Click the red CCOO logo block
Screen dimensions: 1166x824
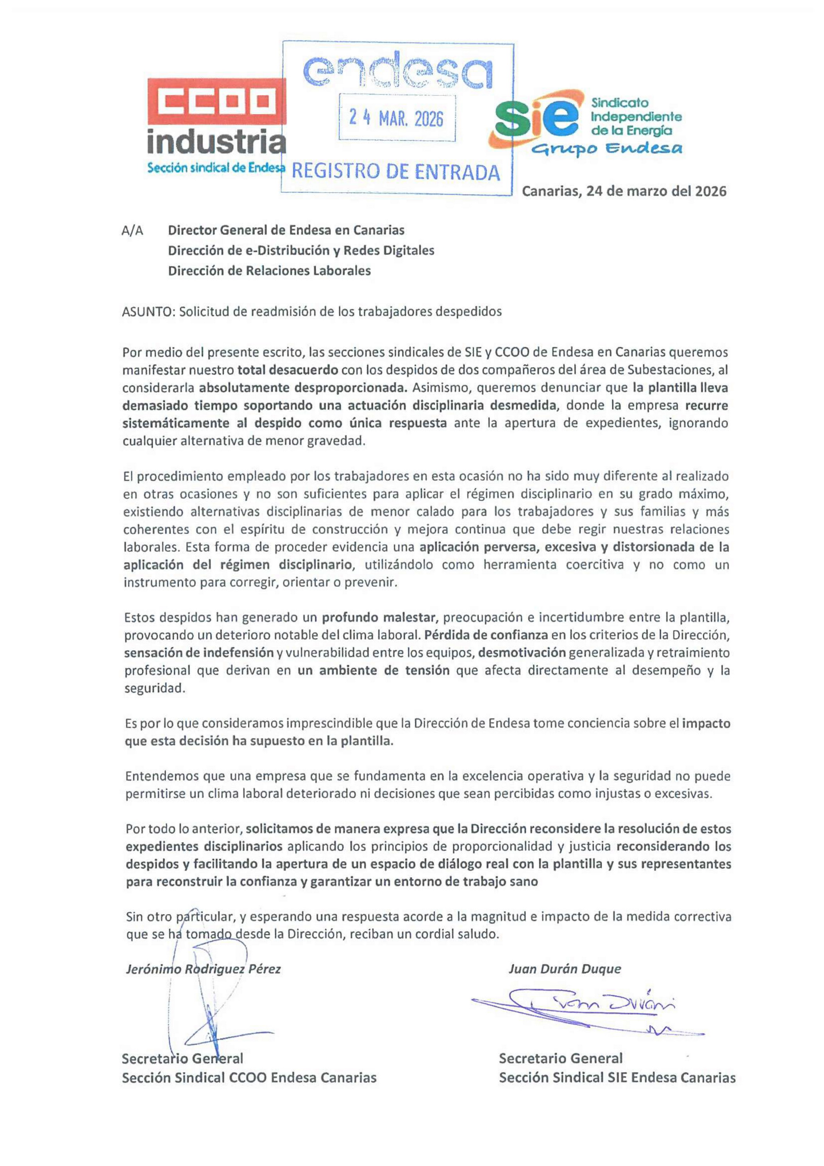coord(217,101)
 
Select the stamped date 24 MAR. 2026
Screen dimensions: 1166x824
coord(396,118)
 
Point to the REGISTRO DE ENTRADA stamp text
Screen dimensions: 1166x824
coord(396,172)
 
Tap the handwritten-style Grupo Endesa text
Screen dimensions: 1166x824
coord(606,148)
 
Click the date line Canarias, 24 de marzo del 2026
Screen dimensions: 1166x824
coord(624,191)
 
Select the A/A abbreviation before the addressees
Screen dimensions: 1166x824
coord(132,231)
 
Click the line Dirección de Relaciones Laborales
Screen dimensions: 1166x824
coord(269,270)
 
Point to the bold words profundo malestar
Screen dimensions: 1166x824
coord(379,618)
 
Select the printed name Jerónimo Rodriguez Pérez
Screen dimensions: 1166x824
coord(203,969)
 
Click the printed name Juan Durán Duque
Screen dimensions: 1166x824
coord(565,969)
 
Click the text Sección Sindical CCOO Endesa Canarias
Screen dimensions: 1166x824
coord(249,1078)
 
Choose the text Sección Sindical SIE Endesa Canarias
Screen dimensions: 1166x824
coord(617,1078)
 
